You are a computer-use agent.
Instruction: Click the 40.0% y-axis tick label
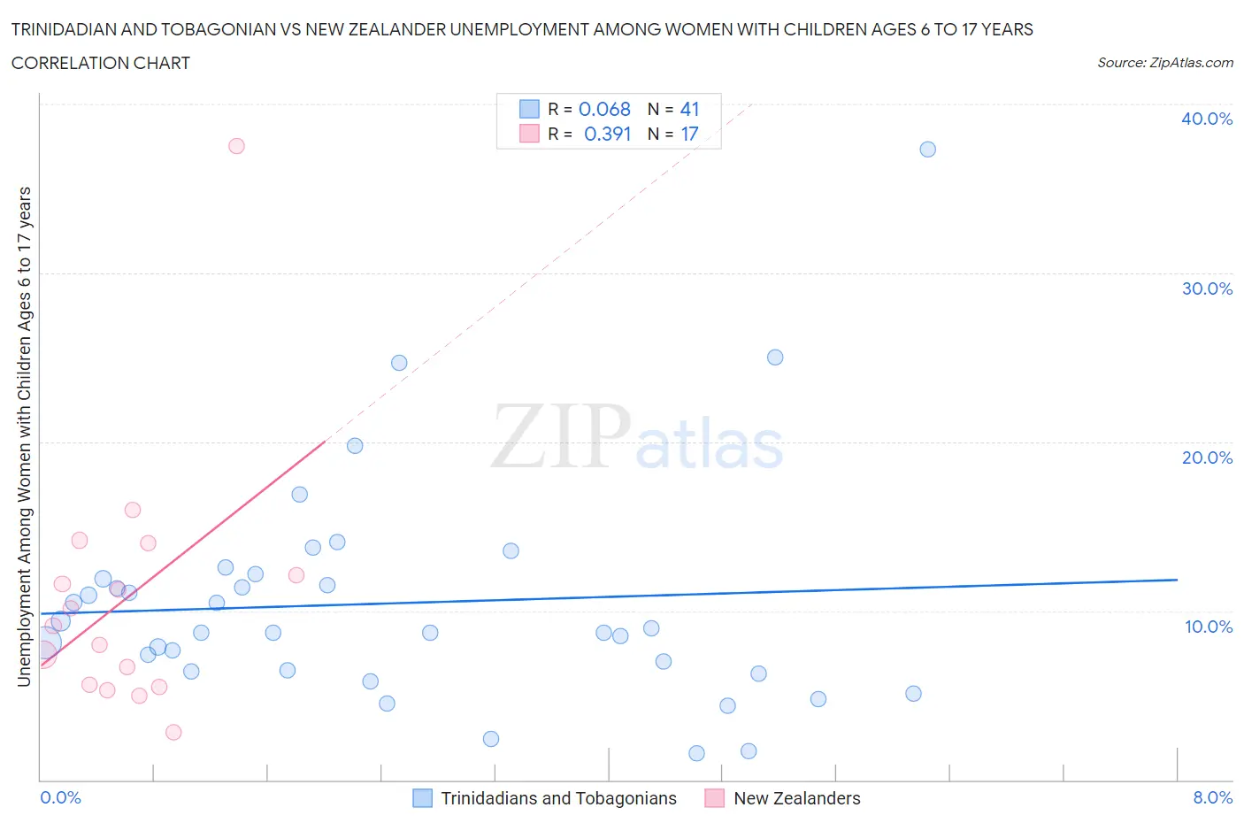pos(1206,119)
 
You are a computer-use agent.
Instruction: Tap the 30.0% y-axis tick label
pos(1206,288)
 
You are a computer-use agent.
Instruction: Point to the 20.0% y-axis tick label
pos(1206,458)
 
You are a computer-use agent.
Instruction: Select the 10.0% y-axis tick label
pos(1208,627)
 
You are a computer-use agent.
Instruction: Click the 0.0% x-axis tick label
pos(60,797)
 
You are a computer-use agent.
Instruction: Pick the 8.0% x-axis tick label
pos(1212,797)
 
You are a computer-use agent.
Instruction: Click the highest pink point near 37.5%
pos(236,146)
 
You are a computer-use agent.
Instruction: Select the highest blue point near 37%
pos(927,150)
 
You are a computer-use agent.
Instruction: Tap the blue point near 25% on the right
pos(775,358)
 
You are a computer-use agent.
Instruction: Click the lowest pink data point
pos(173,732)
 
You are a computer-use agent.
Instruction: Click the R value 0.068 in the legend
pos(604,109)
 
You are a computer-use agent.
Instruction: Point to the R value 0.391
pos(607,134)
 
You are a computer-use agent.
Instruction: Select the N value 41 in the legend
pos(689,109)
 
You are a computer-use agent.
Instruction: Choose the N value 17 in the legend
pos(689,134)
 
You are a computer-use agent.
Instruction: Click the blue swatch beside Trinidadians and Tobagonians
pos(423,798)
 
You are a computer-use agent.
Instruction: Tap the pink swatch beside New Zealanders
pos(714,798)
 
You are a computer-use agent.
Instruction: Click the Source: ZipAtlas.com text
pos(1164,63)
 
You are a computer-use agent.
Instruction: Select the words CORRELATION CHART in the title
pos(101,63)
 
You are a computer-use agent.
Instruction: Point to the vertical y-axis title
pos(24,437)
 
